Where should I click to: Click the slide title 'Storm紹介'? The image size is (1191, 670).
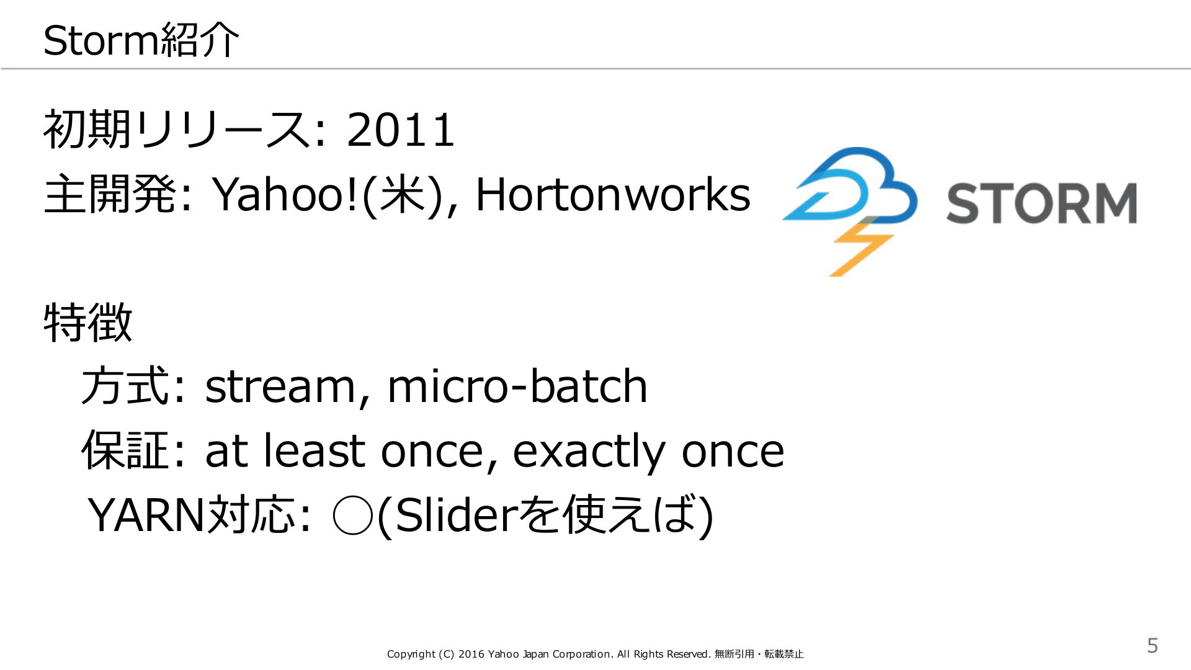[141, 40]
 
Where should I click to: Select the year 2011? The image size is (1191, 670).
[401, 130]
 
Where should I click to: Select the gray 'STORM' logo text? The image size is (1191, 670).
[1042, 203]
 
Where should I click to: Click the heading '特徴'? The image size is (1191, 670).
[88, 322]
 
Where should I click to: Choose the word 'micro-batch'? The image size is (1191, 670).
[517, 385]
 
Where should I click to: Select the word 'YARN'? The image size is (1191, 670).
[146, 515]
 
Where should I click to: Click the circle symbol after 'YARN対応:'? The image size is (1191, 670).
[352, 516]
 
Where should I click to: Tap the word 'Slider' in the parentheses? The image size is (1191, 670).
[455, 515]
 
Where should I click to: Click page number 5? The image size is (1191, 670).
[1153, 646]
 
